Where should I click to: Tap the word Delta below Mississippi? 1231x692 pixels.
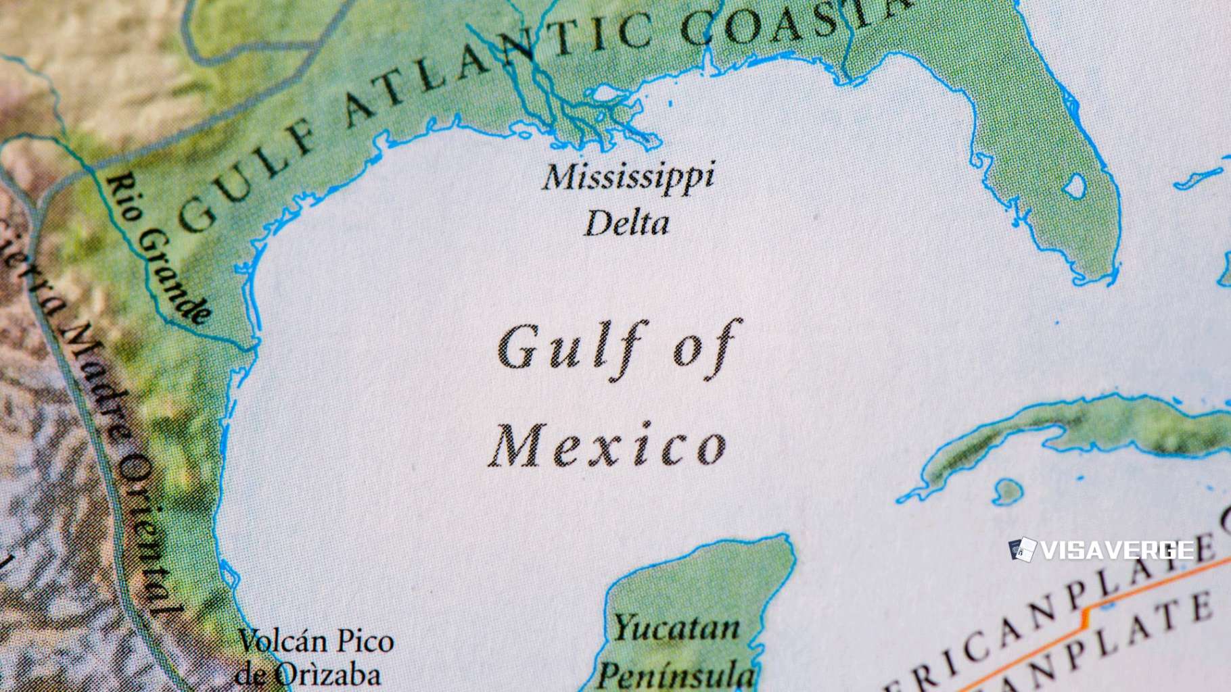tap(627, 224)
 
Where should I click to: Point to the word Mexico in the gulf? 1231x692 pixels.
tap(607, 446)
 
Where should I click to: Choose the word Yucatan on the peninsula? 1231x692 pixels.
tap(676, 628)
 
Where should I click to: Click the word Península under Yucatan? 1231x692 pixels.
tap(676, 674)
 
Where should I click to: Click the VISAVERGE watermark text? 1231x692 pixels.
tap(1117, 550)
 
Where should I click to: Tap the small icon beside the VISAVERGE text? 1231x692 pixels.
tap(1022, 549)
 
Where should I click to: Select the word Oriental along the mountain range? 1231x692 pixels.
tap(145, 534)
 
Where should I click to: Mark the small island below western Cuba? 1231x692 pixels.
tap(1007, 491)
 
